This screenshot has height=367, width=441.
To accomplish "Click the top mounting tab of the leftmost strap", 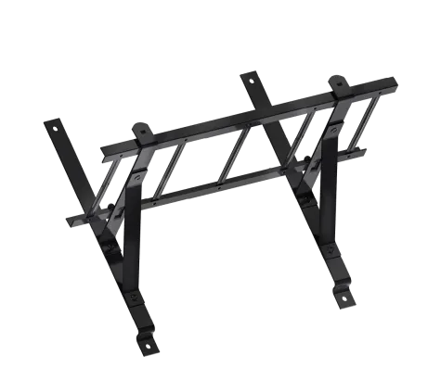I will pyautogui.click(x=52, y=124).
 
